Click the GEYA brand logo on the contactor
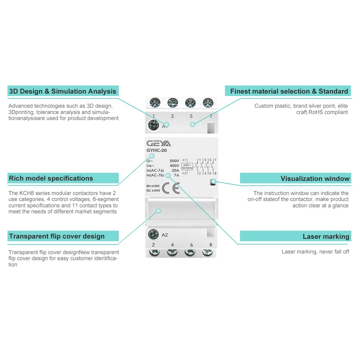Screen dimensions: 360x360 [x=159, y=144]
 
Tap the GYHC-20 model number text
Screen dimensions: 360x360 [x=157, y=151]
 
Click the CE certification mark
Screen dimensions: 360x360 [x=171, y=187]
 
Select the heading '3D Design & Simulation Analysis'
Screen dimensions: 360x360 [x=63, y=91]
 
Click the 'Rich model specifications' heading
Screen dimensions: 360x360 [x=51, y=178]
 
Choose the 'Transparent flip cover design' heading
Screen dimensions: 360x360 [x=57, y=236]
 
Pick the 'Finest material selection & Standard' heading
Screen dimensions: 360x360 [x=289, y=91]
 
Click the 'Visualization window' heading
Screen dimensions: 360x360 [x=315, y=178]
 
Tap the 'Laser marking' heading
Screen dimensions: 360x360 [x=326, y=236]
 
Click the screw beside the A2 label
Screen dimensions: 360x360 [x=153, y=235]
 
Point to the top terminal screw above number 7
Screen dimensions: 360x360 [x=208, y=102]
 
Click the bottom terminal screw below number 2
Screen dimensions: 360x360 [x=154, y=253]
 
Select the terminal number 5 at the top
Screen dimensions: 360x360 [x=191, y=116]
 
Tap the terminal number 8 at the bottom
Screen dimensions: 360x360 [x=210, y=245]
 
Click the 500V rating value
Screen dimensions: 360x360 [x=174, y=160]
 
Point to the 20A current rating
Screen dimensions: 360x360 [x=175, y=170]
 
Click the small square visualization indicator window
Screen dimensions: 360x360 [x=213, y=183]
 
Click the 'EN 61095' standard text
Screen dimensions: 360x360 [x=153, y=186]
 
